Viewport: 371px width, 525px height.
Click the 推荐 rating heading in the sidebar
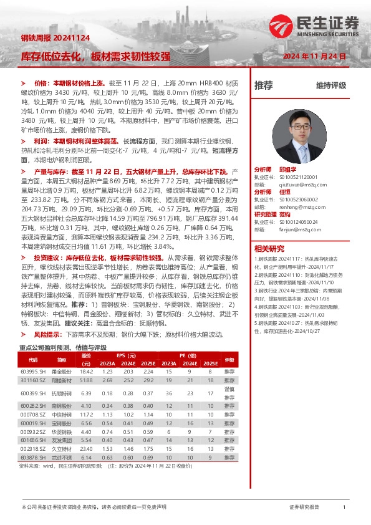point(264,85)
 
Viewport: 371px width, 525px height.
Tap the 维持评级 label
point(330,85)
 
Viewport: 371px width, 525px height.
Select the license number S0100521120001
point(294,177)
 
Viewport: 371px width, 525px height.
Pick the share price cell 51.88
point(86,380)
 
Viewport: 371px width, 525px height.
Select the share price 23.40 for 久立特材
point(86,448)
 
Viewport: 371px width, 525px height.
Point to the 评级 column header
point(229,360)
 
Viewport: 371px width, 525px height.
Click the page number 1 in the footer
point(344,508)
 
